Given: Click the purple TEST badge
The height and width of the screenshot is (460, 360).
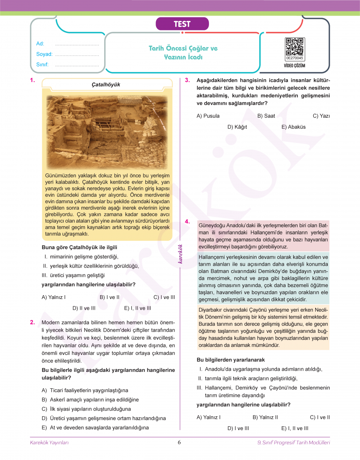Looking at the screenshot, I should [182, 24].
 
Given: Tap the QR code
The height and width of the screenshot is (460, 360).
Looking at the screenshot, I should [295, 47].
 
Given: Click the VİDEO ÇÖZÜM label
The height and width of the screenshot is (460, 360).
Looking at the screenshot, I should [295, 66].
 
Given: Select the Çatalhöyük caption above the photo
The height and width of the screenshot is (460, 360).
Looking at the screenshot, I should [106, 84].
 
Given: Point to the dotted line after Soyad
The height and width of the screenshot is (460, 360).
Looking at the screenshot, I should [77, 54].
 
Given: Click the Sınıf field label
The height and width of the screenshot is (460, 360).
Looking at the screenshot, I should [43, 64].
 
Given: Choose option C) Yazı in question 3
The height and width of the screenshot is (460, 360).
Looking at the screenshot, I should [321, 116].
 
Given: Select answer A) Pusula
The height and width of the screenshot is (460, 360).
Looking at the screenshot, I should [208, 116].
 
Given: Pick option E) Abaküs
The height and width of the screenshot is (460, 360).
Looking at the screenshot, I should [293, 127].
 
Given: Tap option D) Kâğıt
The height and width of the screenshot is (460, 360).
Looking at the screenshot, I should [237, 127].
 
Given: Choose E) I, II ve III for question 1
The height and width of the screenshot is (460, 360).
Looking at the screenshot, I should [138, 308].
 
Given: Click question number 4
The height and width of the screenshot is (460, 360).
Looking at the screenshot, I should [187, 222].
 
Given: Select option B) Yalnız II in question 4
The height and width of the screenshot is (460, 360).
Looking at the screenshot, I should [265, 417].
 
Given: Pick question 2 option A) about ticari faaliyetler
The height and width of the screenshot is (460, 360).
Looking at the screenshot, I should [85, 390].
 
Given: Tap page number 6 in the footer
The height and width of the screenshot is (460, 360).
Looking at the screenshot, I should [179, 442].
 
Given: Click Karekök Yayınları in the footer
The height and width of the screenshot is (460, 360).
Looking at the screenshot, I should [49, 442].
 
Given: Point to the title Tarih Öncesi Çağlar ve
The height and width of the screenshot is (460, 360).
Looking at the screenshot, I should [183, 49].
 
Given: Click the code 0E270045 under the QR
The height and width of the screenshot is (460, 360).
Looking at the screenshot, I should [295, 58].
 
